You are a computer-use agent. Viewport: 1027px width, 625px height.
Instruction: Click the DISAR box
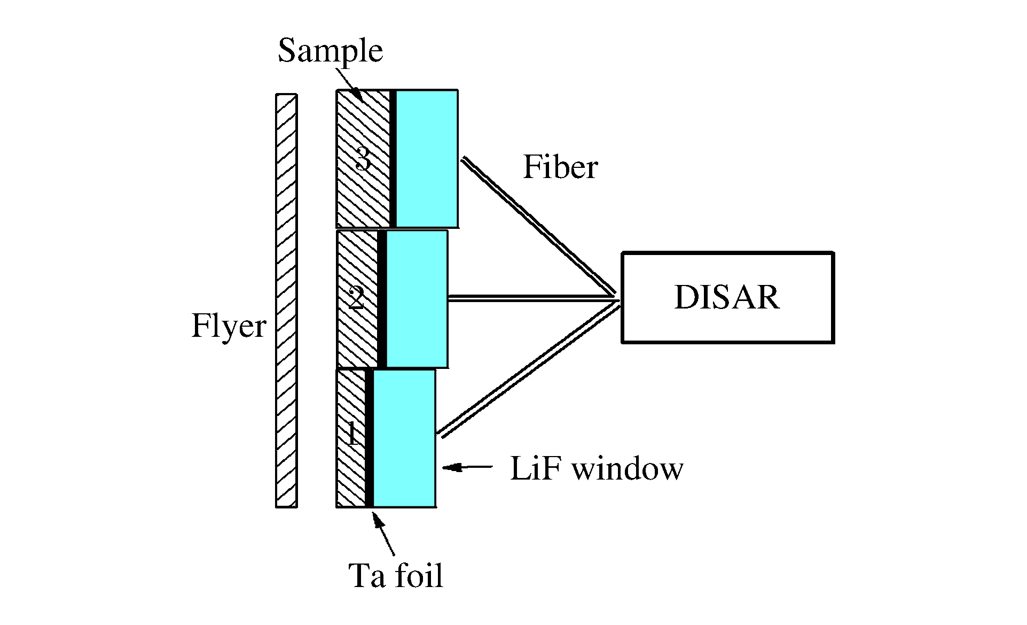[727, 297]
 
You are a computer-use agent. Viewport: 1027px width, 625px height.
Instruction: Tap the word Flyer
[229, 326]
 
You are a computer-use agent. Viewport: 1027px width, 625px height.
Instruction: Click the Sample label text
[330, 51]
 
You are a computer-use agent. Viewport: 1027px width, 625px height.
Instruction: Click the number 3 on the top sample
[363, 159]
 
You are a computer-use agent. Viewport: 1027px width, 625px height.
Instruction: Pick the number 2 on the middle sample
[356, 298]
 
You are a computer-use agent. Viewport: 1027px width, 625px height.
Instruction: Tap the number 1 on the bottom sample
[352, 434]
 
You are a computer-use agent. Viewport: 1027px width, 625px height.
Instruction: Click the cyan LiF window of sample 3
[427, 158]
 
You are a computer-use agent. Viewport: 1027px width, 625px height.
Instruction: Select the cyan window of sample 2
[417, 299]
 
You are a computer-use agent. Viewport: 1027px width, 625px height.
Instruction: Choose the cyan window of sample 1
[404, 438]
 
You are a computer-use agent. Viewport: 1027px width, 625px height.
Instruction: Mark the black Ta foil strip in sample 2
[382, 299]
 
